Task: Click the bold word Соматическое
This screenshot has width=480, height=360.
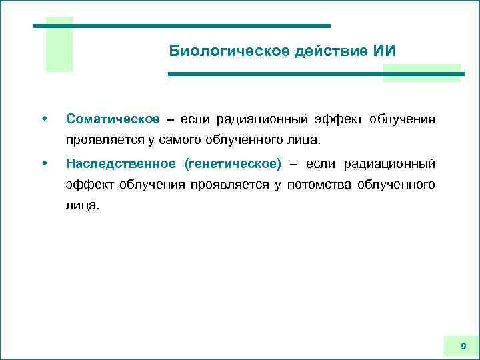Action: (113, 119)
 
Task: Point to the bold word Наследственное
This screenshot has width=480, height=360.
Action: (121, 164)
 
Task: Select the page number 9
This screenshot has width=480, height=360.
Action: (463, 346)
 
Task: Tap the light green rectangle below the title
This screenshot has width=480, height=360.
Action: (421, 73)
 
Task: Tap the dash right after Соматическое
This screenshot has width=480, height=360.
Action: (169, 120)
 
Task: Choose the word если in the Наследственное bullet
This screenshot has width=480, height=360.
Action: (320, 164)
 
